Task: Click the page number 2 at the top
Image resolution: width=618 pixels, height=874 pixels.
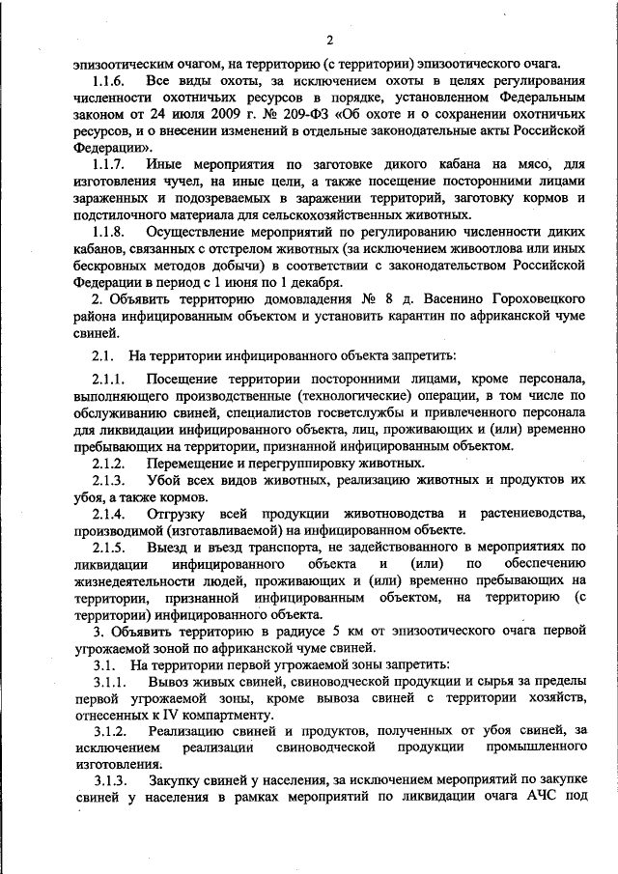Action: point(329,40)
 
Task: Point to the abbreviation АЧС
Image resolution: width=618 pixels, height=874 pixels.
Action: point(544,798)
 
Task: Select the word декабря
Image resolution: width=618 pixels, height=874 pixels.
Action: point(314,283)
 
